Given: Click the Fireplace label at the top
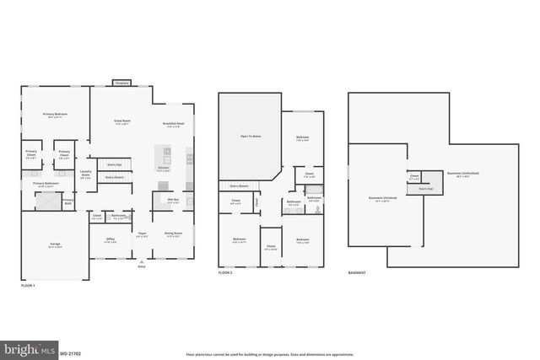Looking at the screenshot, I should point(121,83).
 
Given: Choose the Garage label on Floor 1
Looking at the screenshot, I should point(54,245).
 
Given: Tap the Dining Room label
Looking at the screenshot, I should point(174,234).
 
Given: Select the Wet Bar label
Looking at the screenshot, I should point(171,200).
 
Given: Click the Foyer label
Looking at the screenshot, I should point(143,234).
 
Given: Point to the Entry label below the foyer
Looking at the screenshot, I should point(142,266).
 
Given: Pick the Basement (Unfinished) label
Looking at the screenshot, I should point(462,174).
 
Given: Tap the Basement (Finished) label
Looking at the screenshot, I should point(384,201).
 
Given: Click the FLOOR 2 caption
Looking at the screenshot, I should point(226,273).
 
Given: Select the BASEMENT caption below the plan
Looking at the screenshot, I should point(357,273).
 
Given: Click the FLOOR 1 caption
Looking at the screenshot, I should point(29,287).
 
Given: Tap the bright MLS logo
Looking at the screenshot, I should point(29,347).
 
